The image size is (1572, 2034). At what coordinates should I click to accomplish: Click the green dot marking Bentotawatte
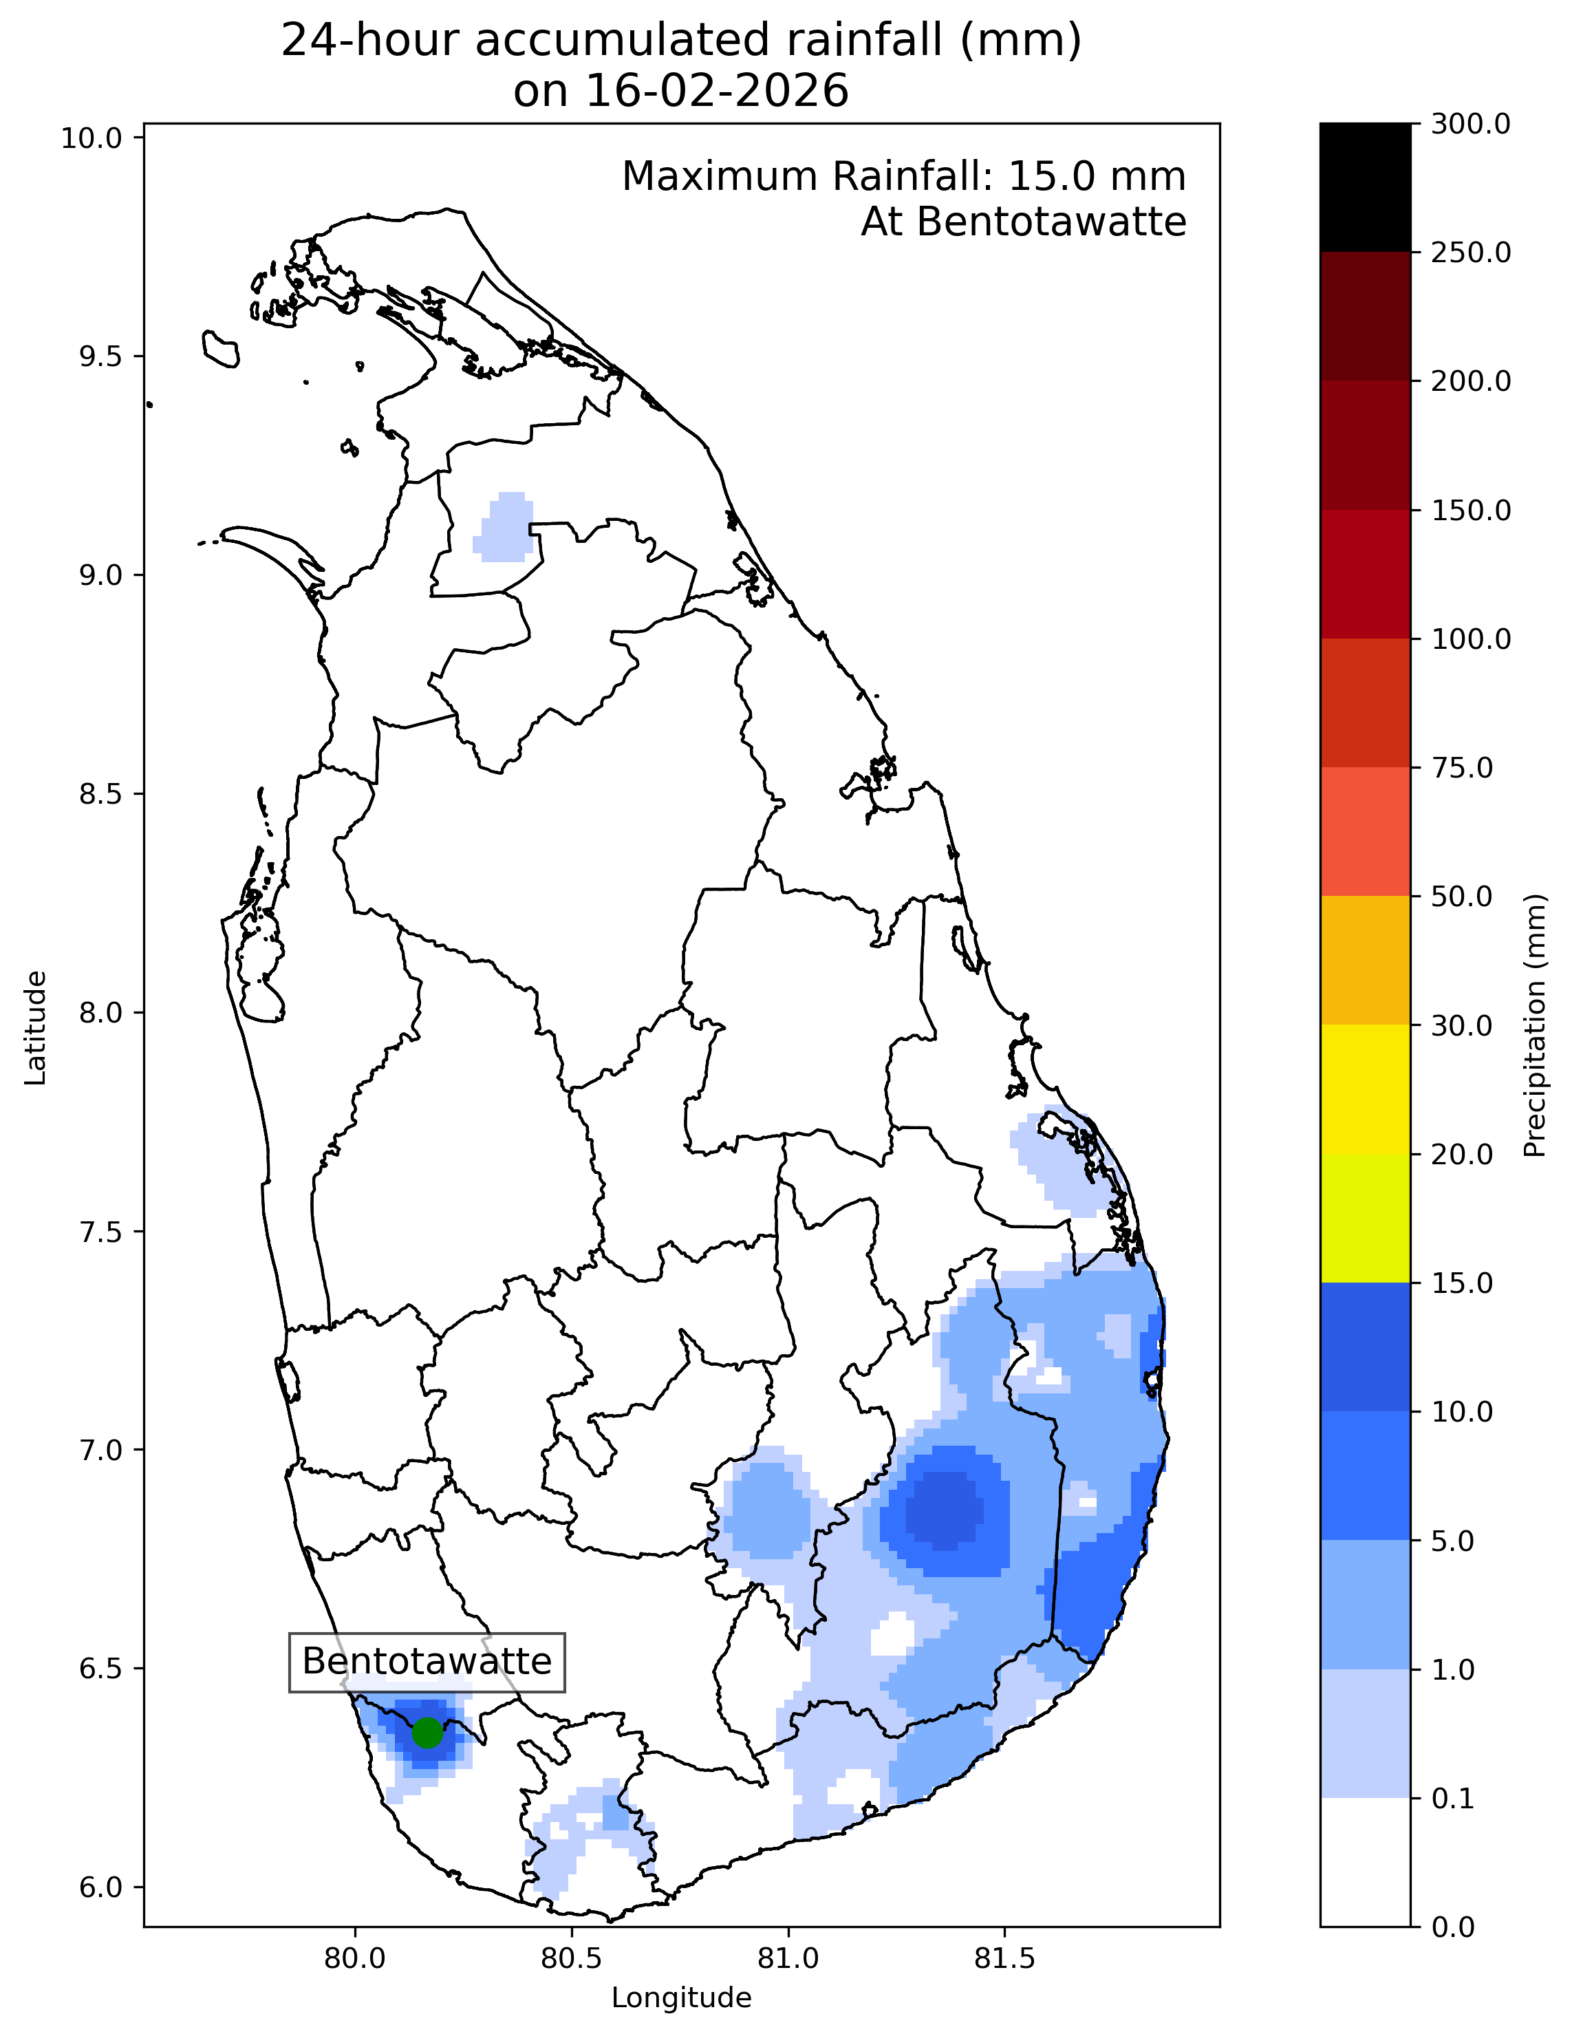[427, 1733]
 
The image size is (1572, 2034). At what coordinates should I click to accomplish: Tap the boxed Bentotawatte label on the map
[427, 1662]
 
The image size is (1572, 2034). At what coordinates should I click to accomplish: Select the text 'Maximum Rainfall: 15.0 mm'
[903, 176]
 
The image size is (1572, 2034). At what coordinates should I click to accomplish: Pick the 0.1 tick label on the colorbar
[1453, 1799]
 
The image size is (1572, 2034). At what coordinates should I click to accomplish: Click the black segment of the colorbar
[1364, 187]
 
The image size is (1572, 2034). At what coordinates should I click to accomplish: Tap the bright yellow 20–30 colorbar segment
[1364, 1089]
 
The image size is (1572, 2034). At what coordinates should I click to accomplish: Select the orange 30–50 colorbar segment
[1364, 960]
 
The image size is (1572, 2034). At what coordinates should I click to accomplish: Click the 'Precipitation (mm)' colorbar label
[1535, 1025]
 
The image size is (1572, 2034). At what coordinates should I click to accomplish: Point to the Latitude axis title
[35, 1027]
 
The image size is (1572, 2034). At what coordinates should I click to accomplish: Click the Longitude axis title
[681, 1998]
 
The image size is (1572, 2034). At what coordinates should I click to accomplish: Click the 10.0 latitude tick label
[92, 138]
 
